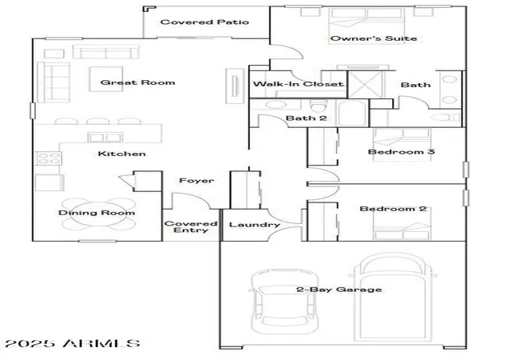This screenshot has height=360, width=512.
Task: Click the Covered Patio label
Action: (205, 22)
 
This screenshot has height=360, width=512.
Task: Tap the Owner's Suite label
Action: (374, 38)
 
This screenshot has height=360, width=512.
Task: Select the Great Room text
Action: (138, 82)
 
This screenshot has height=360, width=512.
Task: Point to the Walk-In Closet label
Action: (298, 84)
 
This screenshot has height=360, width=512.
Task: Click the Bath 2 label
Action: (306, 118)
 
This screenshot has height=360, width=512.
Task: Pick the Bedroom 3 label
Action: (402, 151)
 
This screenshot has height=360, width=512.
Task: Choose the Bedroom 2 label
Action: (393, 209)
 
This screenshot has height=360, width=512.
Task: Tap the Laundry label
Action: (254, 225)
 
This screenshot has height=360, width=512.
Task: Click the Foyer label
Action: (197, 181)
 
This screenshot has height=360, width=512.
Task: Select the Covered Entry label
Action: (190, 226)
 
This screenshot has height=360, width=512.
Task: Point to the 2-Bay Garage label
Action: (339, 290)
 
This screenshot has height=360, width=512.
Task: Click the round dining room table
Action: (98, 214)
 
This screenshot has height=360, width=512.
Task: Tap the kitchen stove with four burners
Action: (48, 158)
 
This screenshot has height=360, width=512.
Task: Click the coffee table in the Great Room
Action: (106, 78)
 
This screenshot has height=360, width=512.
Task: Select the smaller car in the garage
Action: (285, 301)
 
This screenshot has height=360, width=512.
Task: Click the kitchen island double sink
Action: (105, 138)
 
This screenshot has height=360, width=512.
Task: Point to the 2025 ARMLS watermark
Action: (73, 343)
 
